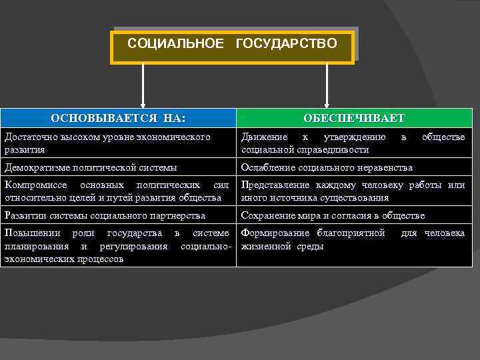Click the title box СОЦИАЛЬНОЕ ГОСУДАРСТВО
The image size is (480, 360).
tap(232, 45)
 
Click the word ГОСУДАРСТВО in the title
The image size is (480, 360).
tap(286, 44)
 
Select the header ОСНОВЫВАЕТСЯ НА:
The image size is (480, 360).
tap(118, 119)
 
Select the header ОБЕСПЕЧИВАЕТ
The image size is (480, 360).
tap(354, 119)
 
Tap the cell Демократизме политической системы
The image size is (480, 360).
tap(90, 167)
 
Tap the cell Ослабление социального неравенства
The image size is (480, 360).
tap(327, 167)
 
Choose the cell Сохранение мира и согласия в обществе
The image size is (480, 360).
tap(333, 215)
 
